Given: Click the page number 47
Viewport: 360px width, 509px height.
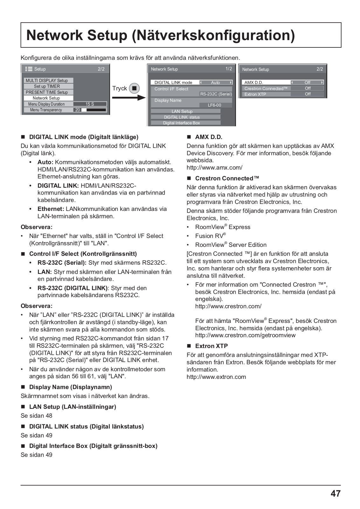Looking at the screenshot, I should coord(336,493).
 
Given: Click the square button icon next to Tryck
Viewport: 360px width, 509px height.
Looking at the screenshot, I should coord(134,88).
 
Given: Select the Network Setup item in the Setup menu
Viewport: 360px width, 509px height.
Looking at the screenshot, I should coord(46,98).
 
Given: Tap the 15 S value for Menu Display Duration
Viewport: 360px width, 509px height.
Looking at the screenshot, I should coord(90,104).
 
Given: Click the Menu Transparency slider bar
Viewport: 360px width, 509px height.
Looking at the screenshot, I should coord(94,110).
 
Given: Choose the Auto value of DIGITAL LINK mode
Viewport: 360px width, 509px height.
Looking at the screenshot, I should coord(215,82).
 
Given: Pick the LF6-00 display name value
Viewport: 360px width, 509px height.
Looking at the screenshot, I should coord(214,105).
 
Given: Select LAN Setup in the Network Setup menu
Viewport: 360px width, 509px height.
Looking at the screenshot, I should coord(182,111).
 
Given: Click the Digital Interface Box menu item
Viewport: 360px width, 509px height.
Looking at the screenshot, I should coord(182,123).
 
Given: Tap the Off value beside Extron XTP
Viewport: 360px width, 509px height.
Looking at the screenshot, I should coord(308,94).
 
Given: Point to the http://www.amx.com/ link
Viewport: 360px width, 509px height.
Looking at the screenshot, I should coord(214,167).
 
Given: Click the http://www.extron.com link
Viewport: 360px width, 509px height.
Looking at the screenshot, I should coord(216,377).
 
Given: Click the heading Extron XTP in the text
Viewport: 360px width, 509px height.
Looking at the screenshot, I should coord(211,346).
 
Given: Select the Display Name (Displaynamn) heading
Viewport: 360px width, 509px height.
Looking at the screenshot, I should coord(71,387).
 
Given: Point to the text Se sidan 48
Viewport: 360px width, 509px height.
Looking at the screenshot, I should coord(37,415).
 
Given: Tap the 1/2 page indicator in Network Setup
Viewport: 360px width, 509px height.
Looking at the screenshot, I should coord(229,69).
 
